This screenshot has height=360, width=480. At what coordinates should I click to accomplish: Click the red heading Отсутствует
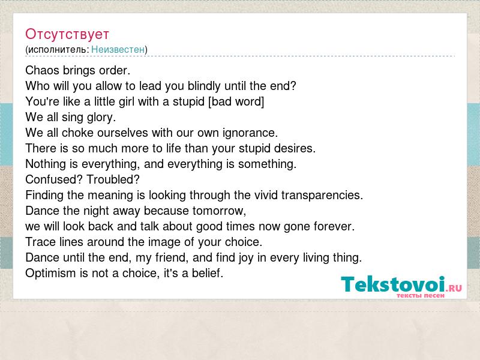[x=67, y=34]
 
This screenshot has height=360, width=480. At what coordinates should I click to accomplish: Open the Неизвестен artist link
[x=118, y=49]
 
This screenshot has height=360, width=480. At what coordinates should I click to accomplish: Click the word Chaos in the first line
[x=42, y=70]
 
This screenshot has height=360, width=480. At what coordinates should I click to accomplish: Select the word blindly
[x=204, y=86]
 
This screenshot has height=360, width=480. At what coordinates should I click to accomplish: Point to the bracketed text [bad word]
[x=236, y=101]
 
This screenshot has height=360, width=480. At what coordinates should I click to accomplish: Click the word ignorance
[x=250, y=133]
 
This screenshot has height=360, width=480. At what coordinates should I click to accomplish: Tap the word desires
[x=295, y=148]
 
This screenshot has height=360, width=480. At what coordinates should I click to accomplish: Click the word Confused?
[x=54, y=179]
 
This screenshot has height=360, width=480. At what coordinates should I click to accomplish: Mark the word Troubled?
[x=113, y=179]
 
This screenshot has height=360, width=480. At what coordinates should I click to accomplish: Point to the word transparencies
[x=322, y=196]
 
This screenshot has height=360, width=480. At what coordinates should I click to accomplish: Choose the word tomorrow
[x=219, y=211]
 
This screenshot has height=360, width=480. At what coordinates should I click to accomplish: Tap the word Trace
[x=40, y=242]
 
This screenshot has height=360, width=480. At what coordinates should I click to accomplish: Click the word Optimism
[x=50, y=274]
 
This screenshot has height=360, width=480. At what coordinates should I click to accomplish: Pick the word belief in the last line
[x=207, y=273]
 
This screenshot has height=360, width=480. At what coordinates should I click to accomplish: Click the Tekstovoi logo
[x=401, y=287]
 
